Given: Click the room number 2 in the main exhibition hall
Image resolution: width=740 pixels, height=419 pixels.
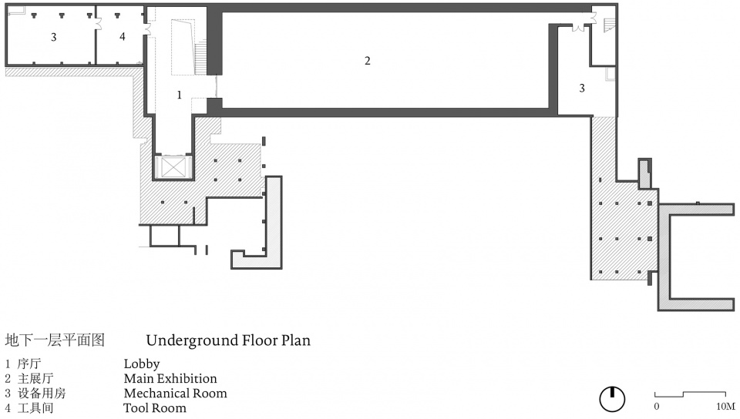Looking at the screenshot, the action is (x=367, y=61).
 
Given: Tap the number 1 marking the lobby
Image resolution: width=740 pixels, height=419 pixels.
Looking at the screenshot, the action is (x=179, y=96).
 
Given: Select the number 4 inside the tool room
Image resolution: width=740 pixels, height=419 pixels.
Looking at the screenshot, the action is (x=123, y=36).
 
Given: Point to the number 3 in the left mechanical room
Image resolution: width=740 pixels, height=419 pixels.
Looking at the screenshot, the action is (x=54, y=37).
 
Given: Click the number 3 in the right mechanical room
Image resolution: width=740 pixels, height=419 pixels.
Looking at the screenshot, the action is (x=582, y=88).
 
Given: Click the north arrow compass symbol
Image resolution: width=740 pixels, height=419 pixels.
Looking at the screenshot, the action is (x=612, y=399).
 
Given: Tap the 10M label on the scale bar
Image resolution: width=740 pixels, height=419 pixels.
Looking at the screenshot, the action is (x=725, y=406).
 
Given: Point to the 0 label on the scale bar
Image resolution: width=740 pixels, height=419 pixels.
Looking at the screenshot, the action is (x=657, y=406).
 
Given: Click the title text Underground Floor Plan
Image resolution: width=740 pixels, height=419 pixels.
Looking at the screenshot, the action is (x=228, y=340).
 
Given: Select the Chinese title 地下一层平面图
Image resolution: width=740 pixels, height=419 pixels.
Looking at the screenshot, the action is (x=55, y=340).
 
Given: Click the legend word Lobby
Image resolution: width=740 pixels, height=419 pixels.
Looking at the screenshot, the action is (x=142, y=364).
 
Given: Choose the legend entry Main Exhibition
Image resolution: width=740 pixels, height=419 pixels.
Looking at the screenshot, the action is (x=170, y=378).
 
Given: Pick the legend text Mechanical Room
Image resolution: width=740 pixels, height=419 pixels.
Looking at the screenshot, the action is (x=175, y=393).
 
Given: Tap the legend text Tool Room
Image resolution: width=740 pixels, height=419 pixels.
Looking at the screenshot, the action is (x=155, y=407).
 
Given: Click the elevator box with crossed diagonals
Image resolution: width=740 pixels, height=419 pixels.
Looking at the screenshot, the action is (x=173, y=167).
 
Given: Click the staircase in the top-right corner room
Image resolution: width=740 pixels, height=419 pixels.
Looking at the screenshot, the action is (x=610, y=25).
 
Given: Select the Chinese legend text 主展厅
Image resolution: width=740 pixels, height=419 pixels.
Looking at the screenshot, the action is (x=35, y=378).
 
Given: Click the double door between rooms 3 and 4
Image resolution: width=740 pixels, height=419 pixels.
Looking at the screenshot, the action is (x=99, y=24).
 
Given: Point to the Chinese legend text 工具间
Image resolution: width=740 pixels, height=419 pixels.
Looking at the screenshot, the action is (x=35, y=407).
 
